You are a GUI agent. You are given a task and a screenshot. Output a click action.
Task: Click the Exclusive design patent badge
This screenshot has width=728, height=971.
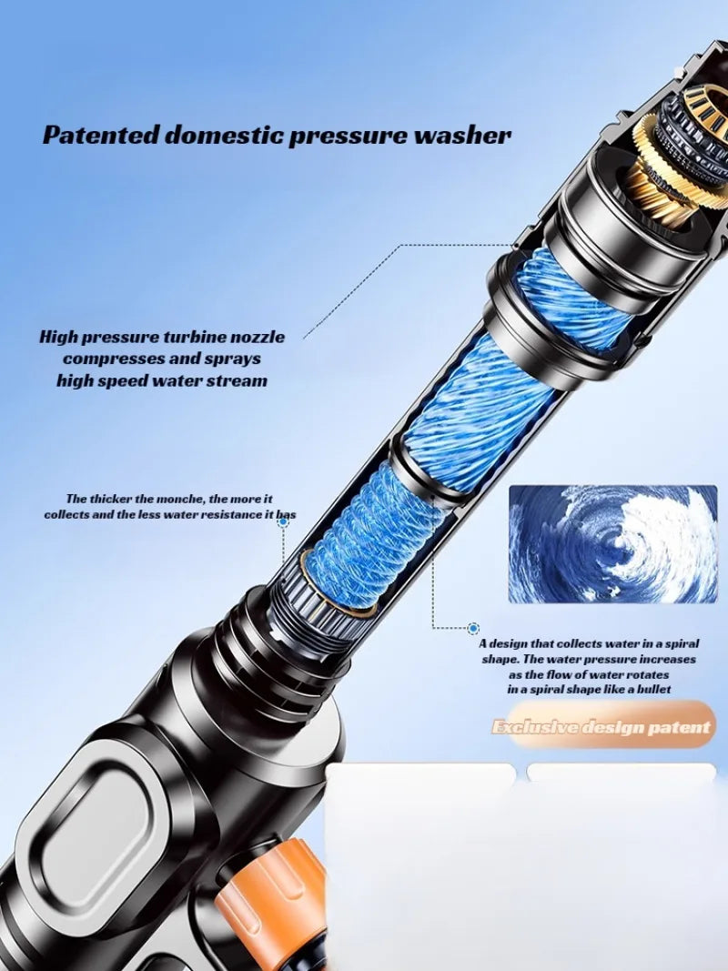click(x=601, y=726)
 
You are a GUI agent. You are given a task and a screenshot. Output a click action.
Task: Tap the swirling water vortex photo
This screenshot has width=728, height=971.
click(x=612, y=543)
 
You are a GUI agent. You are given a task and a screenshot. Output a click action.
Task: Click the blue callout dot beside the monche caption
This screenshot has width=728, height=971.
click(x=283, y=523)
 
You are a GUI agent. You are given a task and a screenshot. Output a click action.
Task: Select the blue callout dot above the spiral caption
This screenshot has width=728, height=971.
click(x=473, y=628)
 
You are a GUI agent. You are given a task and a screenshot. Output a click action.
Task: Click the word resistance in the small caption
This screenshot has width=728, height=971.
click(x=228, y=515)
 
